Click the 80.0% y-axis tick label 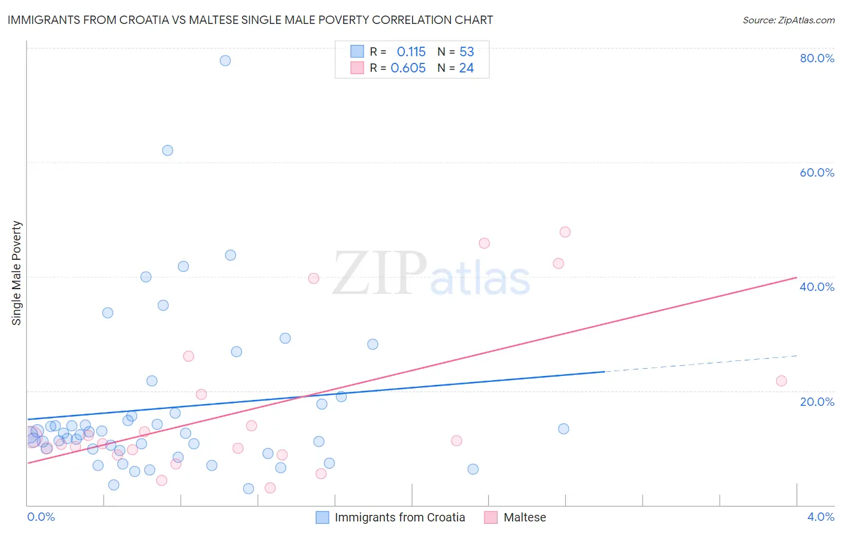[x=817, y=58]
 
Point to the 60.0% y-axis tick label [x=817, y=172]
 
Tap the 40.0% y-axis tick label [x=817, y=287]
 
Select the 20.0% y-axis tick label [x=817, y=402]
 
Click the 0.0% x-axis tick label [x=41, y=517]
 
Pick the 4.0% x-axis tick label [x=820, y=517]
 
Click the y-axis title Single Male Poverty [x=17, y=273]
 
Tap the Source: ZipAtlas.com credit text [x=788, y=20]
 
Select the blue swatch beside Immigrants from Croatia [x=322, y=517]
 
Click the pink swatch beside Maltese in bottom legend [x=491, y=517]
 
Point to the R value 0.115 [x=411, y=52]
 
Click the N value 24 [x=467, y=68]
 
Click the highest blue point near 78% [x=225, y=60]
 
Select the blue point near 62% [x=168, y=150]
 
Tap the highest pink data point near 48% [x=565, y=232]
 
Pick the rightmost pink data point [x=781, y=381]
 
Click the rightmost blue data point [x=564, y=429]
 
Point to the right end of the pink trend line [x=796, y=277]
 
